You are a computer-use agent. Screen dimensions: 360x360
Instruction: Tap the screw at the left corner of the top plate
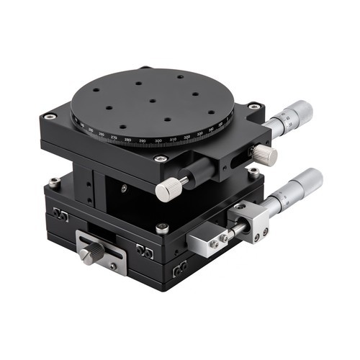point(48,117)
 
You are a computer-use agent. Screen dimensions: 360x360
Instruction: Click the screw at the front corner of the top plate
point(160,159)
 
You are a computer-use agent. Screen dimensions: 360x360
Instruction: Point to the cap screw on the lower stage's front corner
point(163,229)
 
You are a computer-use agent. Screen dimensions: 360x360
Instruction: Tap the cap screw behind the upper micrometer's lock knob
point(253,172)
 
